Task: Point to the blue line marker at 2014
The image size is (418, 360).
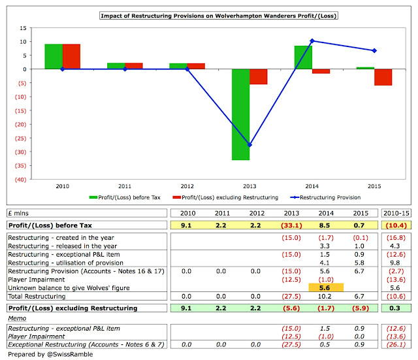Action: pyautogui.click(x=312, y=41)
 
